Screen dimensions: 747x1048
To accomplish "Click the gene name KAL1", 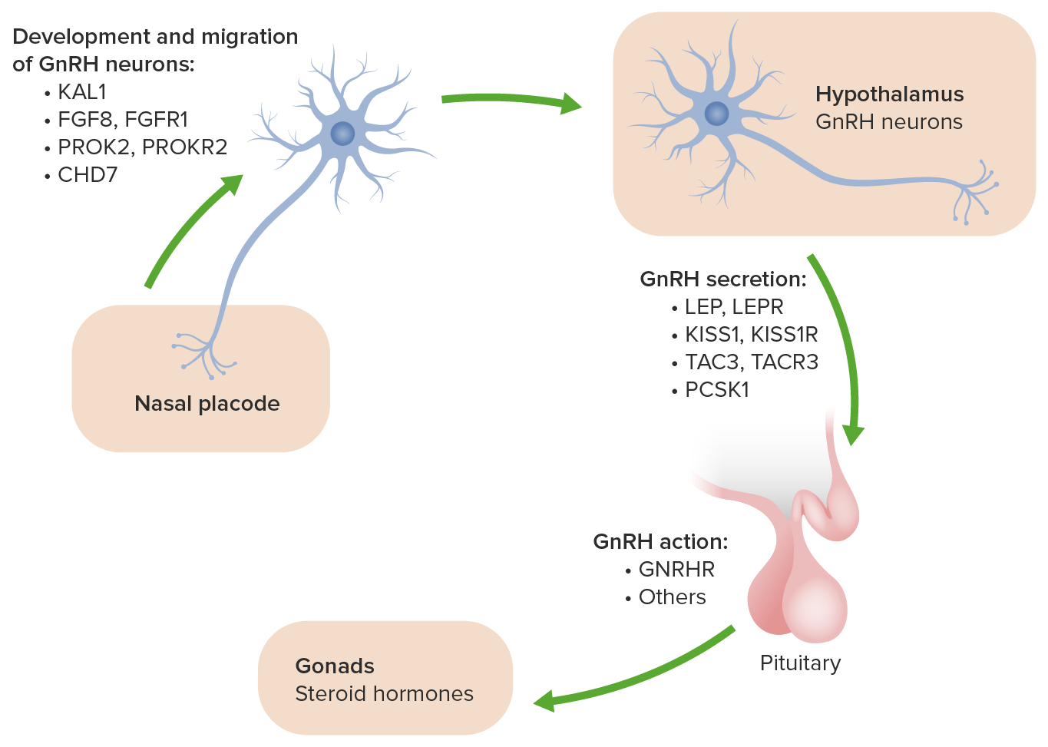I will tap(82, 92).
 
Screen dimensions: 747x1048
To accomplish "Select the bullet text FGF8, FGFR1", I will tap(123, 120).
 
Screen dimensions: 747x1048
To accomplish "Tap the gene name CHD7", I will tap(88, 175).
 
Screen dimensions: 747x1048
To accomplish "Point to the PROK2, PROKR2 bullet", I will tap(142, 147).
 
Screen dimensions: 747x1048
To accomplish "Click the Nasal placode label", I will tap(207, 404).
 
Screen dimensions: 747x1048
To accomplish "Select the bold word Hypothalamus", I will tap(889, 94).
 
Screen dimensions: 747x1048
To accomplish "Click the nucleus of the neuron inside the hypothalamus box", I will tap(716, 114).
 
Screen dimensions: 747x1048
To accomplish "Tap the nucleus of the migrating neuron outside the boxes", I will tap(342, 134).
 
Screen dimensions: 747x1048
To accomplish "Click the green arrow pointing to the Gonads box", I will tap(637, 676).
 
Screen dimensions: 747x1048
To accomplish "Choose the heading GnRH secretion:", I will tap(723, 279).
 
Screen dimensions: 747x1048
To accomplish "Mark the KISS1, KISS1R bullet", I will tap(751, 335).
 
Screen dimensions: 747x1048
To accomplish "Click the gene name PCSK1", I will tap(716, 390).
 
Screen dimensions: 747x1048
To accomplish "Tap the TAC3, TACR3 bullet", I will tap(751, 362).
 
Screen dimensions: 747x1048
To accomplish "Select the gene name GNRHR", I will tap(676, 570).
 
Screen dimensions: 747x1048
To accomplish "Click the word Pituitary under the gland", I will tap(800, 663).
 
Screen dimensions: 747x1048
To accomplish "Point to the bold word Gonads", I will tap(335, 666).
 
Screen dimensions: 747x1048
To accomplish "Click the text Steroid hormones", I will tap(384, 694).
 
